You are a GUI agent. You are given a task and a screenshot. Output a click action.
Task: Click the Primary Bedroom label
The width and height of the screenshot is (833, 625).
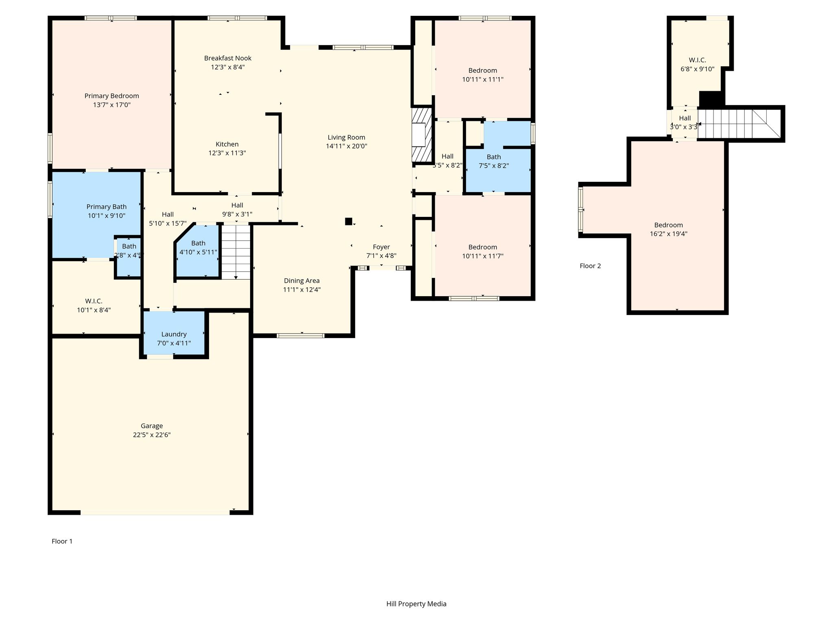point(112,96)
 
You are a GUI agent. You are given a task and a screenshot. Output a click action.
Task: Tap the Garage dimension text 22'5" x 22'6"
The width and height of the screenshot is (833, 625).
point(152,435)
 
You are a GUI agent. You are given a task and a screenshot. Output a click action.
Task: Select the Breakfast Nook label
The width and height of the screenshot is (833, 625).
point(228,58)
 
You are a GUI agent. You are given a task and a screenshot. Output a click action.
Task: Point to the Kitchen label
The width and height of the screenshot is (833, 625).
point(227,144)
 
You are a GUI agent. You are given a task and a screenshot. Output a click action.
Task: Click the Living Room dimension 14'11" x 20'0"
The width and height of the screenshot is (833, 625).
point(347,146)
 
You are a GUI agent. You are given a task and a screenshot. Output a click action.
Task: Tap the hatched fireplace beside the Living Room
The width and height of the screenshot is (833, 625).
point(422,135)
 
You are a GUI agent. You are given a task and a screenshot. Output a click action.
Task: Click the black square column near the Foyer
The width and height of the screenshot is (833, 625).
point(349,221)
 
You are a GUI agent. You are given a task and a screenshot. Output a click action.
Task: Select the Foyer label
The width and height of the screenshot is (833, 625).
point(382,247)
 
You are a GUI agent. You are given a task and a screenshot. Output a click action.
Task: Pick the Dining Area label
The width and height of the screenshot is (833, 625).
point(302,281)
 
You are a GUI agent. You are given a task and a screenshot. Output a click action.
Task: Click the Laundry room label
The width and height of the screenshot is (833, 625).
point(174,334)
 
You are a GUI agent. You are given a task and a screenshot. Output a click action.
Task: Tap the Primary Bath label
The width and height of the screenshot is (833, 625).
point(107,207)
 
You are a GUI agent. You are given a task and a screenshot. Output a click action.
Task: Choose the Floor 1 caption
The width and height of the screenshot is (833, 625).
point(62,541)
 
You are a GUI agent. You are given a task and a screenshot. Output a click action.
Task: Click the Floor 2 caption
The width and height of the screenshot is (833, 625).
point(590,266)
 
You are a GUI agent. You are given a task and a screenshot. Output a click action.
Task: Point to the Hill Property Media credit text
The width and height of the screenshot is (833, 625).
point(416,604)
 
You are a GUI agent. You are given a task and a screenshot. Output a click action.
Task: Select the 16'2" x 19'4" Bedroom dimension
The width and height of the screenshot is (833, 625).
point(669,234)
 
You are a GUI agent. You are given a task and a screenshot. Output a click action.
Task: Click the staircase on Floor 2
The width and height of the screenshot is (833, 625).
point(739,124)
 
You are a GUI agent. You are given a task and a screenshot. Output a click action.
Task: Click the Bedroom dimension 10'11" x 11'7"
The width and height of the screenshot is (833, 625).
point(483,256)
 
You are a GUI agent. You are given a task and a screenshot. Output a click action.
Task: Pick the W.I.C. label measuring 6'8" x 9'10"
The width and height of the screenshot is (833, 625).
point(698,60)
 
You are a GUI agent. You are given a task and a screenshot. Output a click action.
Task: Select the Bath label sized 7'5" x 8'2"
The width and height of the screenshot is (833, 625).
point(494,157)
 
